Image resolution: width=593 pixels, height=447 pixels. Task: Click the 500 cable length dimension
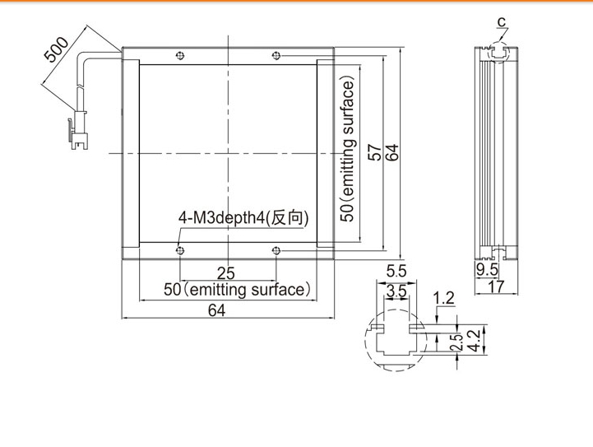(57, 49)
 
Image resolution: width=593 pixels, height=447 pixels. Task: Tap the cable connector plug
(79, 130)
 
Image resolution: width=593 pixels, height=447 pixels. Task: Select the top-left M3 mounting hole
(180, 56)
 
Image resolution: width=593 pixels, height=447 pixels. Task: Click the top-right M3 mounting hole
(276, 56)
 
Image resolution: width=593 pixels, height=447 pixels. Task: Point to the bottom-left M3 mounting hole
(180, 250)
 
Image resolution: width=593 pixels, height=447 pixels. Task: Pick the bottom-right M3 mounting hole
(276, 250)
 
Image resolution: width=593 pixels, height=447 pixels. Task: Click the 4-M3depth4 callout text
(243, 217)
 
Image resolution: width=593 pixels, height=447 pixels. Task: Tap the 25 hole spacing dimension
(226, 273)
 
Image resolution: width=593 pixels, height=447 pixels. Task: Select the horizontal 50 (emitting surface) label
(237, 290)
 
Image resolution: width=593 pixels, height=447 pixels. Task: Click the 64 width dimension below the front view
(216, 310)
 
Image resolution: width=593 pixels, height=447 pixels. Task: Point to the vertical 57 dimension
(375, 152)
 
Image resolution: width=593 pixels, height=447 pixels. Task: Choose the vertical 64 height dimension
(391, 152)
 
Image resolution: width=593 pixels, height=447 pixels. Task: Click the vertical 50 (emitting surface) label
(348, 149)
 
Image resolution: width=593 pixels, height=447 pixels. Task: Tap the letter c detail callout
(502, 22)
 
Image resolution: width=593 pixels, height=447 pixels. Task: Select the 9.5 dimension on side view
(487, 270)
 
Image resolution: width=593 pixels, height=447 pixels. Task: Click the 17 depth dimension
(496, 286)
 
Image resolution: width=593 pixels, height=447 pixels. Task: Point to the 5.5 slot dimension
(396, 272)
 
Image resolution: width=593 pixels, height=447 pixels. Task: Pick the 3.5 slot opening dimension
(396, 291)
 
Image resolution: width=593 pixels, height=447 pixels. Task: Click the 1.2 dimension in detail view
(444, 298)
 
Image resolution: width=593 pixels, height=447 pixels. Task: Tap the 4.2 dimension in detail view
(474, 340)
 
